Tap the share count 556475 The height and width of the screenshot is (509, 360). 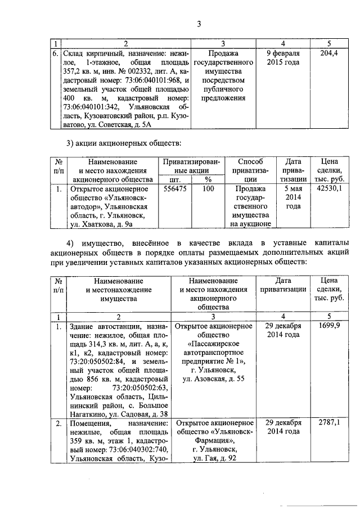click(x=175, y=190)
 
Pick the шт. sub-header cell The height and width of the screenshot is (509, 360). click(x=175, y=179)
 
